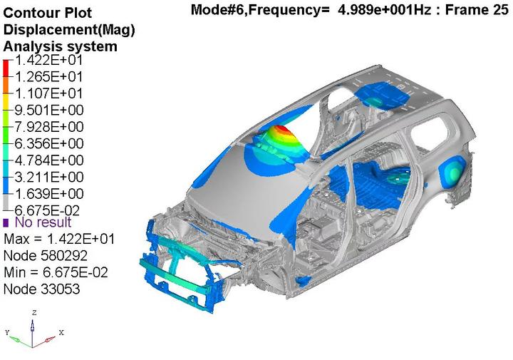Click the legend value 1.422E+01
(x=49, y=61)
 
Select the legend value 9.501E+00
(x=49, y=110)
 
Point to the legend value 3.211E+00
(x=49, y=177)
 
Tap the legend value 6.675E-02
(x=48, y=210)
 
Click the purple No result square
(x=6, y=223)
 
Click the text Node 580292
(x=46, y=256)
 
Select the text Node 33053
(x=41, y=289)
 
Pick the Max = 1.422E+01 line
(x=59, y=239)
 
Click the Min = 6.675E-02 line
(x=56, y=272)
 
